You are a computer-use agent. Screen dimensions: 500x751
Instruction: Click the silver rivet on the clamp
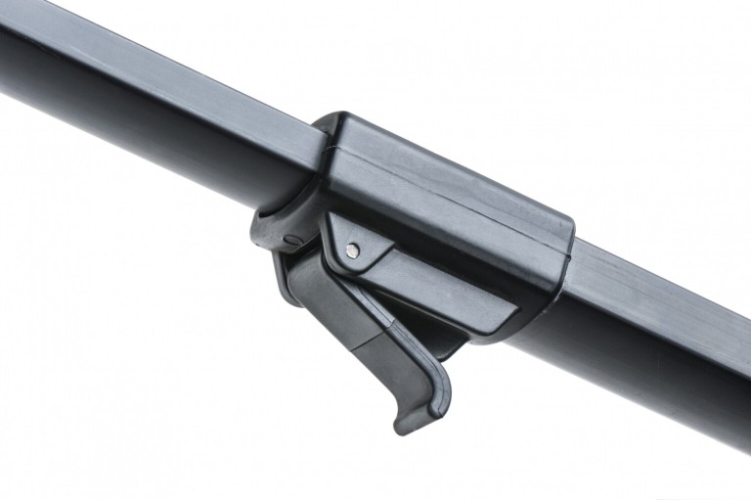pos(353,250)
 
